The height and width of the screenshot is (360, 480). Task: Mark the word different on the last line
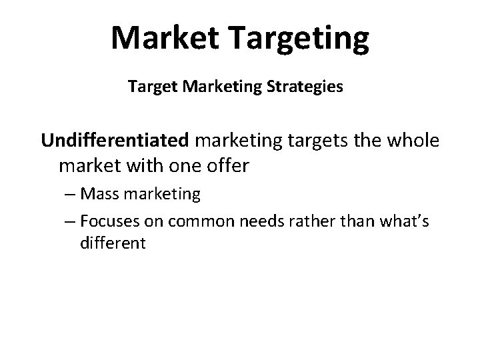[x=112, y=243]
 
